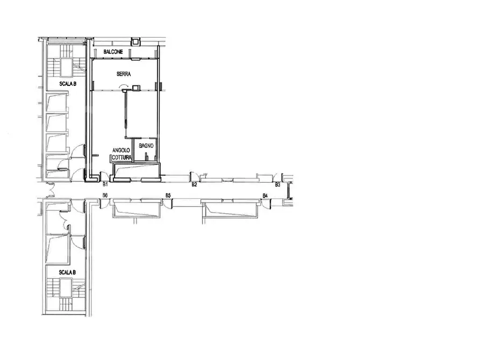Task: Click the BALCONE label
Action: (113, 52)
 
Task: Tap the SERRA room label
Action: (124, 74)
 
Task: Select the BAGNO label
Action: (146, 146)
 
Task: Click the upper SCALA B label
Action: (68, 84)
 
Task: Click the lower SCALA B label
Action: (67, 272)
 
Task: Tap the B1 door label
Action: (105, 185)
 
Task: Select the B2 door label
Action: (194, 185)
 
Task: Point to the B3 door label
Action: (277, 185)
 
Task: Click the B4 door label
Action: (265, 195)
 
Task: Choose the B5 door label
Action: (168, 195)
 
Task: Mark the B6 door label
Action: (105, 195)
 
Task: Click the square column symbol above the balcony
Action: (135, 41)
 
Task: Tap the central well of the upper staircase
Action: (66, 67)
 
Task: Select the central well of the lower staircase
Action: (66, 289)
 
